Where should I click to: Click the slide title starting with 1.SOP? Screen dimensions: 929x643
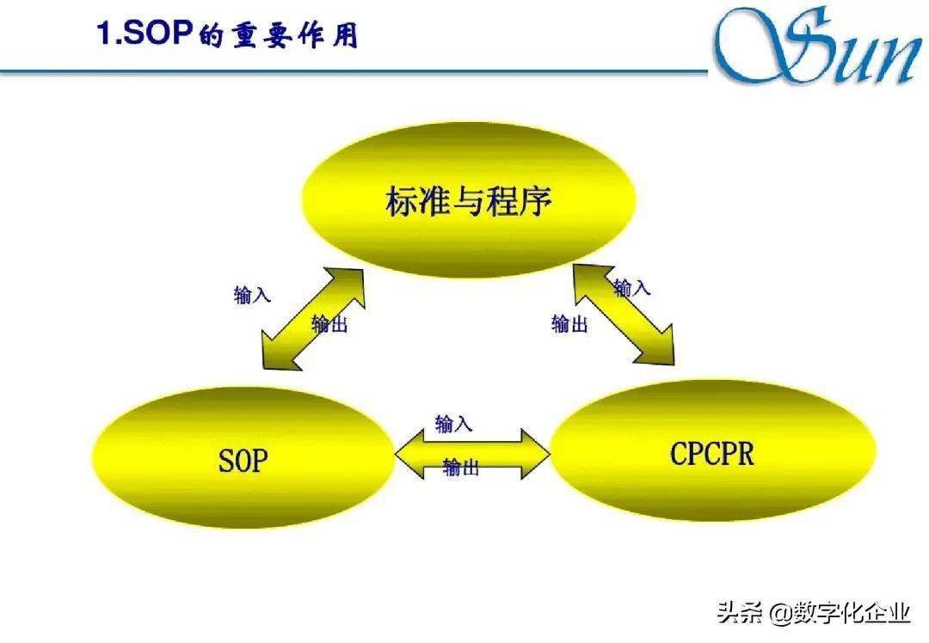(227, 34)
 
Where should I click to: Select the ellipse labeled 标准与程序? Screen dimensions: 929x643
(469, 199)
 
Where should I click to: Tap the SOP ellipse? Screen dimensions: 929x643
(243, 457)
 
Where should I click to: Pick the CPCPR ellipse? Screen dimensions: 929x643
(713, 451)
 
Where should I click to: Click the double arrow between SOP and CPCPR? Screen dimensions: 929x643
(473, 454)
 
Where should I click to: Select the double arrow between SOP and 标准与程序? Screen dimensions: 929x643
(313, 319)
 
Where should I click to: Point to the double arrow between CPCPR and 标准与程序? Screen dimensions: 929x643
(624, 315)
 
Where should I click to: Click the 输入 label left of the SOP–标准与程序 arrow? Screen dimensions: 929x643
(252, 294)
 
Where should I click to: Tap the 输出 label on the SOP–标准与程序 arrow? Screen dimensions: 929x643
(329, 323)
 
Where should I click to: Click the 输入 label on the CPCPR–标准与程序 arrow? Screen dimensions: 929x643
(632, 288)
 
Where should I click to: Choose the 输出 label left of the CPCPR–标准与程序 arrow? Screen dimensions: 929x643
(569, 323)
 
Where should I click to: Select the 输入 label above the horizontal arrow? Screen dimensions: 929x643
(454, 424)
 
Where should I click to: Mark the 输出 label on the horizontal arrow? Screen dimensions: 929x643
(461, 467)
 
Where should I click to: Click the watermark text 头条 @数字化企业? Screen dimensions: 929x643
(814, 612)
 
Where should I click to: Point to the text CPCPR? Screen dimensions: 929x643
(712, 454)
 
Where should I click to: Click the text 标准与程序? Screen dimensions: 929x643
(469, 200)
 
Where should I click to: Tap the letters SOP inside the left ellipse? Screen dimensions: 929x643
(243, 461)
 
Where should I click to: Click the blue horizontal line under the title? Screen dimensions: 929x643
(354, 72)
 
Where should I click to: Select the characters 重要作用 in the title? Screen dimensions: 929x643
(295, 35)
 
